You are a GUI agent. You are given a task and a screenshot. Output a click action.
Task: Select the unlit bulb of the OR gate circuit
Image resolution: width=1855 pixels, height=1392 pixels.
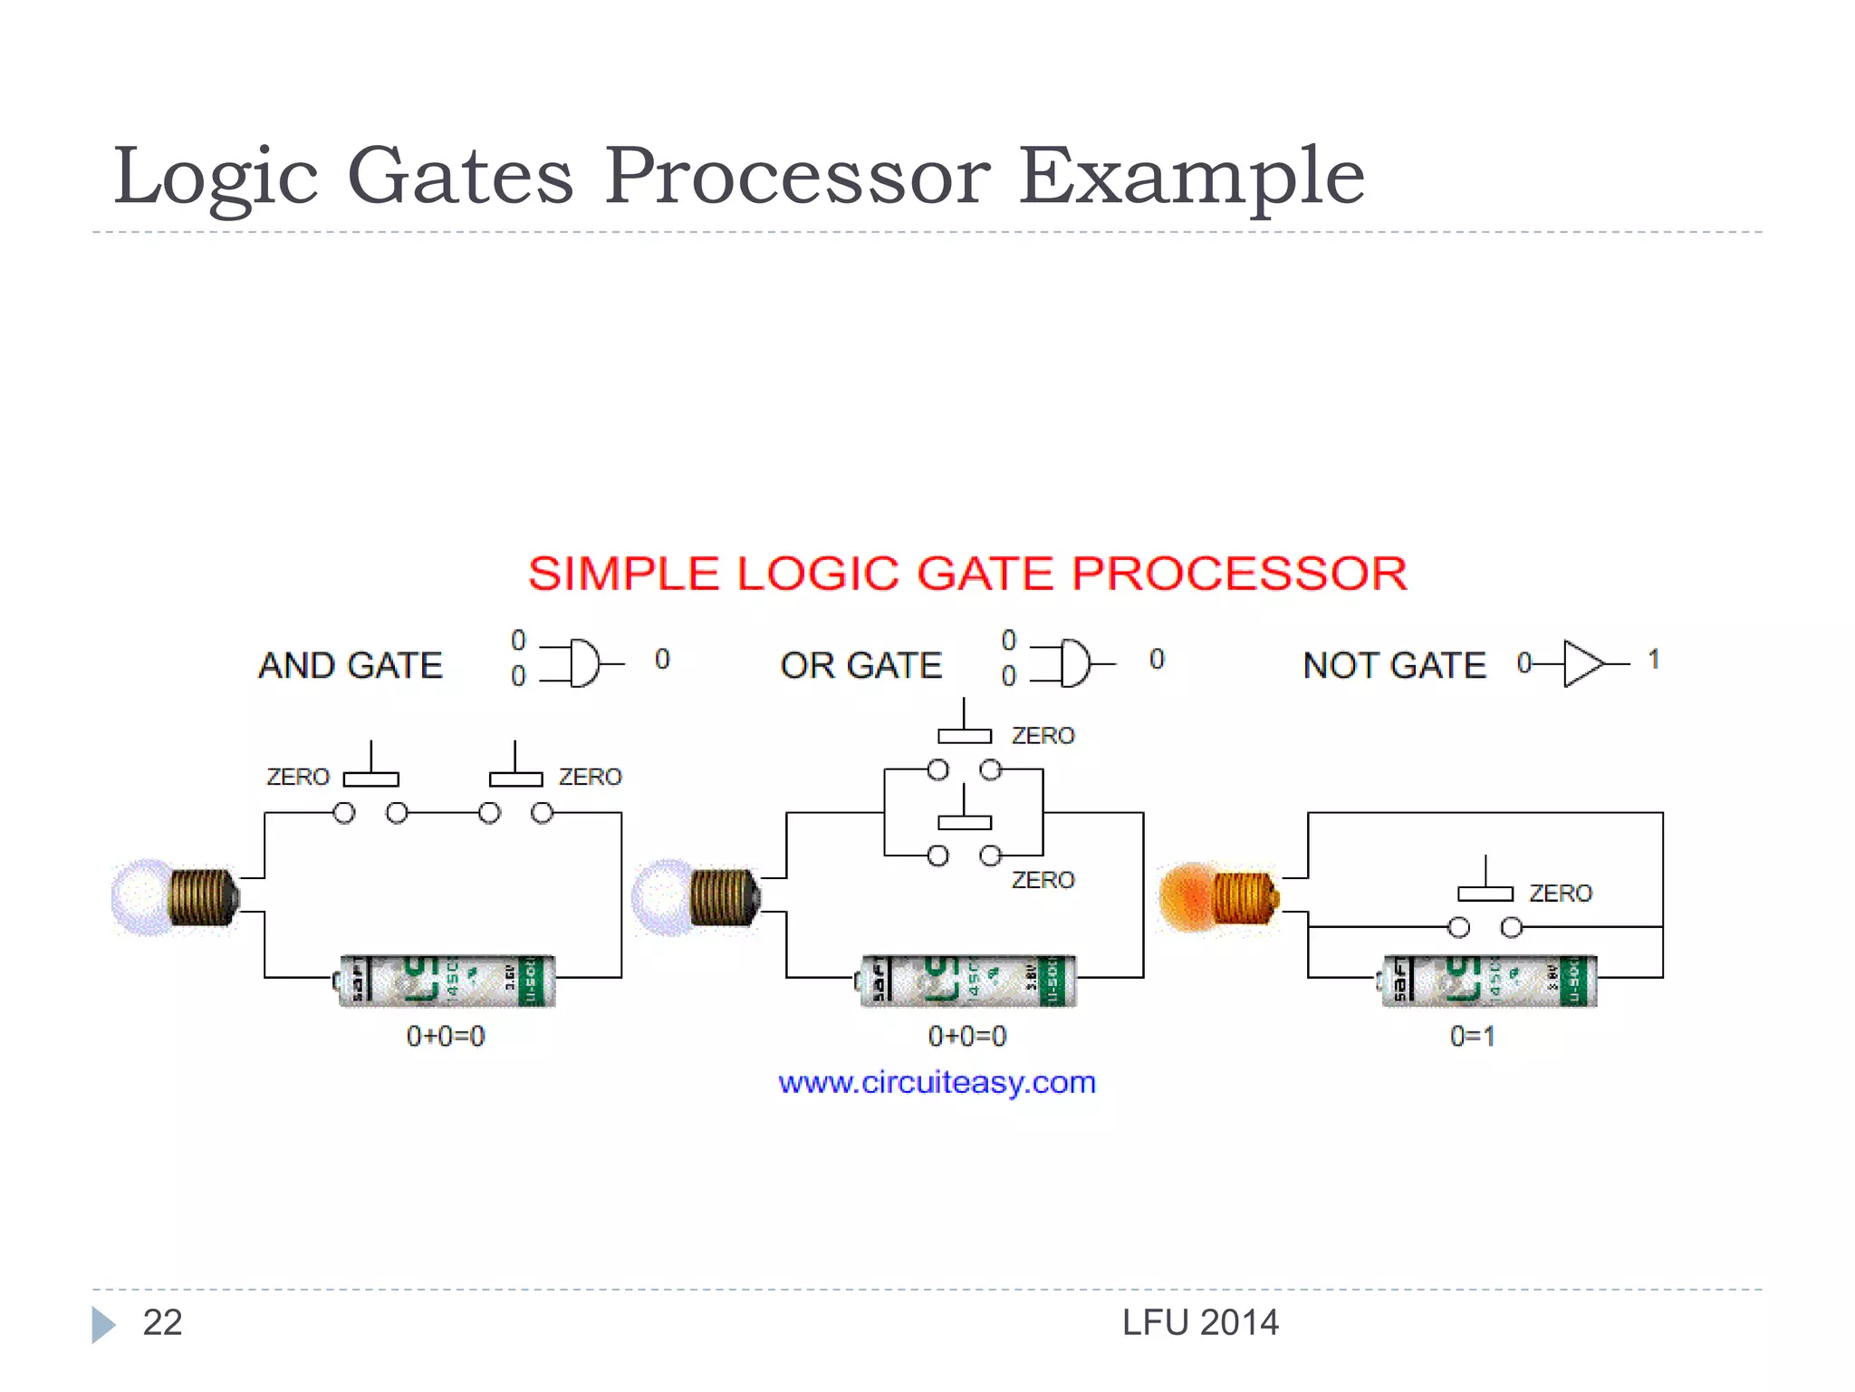click(694, 897)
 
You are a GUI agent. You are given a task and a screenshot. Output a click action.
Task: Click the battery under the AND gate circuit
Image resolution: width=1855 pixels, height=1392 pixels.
click(447, 981)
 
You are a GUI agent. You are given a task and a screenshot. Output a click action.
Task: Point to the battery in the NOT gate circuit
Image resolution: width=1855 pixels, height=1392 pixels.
click(1490, 981)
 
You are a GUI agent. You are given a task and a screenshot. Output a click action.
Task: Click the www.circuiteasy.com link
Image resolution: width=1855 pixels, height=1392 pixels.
click(937, 1082)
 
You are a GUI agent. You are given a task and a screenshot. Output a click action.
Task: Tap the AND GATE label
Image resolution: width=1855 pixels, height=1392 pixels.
click(351, 665)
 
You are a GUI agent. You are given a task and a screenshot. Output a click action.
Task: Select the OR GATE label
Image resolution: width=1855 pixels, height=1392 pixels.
click(860, 665)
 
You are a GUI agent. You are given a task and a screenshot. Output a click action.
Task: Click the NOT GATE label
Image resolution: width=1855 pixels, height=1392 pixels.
click(1394, 665)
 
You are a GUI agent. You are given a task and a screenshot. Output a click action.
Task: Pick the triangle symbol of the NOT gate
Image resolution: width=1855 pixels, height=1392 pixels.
click(1581, 663)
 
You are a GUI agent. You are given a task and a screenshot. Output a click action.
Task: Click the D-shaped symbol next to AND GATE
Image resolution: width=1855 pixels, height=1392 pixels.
click(583, 663)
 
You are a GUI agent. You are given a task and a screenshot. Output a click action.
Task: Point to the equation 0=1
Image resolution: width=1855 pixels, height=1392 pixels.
click(1473, 1036)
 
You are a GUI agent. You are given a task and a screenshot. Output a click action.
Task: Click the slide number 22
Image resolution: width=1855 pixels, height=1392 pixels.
click(162, 1323)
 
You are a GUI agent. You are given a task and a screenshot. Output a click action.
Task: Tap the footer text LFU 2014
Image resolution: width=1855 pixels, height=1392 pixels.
click(1199, 1323)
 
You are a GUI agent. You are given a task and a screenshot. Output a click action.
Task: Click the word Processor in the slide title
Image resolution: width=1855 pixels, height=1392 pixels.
click(797, 176)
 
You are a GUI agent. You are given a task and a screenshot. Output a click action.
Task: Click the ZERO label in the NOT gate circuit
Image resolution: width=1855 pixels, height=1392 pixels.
click(1560, 894)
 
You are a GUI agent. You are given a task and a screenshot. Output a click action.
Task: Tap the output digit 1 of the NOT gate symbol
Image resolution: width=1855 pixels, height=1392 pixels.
click(1653, 659)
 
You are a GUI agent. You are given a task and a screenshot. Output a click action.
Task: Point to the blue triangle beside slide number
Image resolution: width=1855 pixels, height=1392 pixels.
click(102, 1325)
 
